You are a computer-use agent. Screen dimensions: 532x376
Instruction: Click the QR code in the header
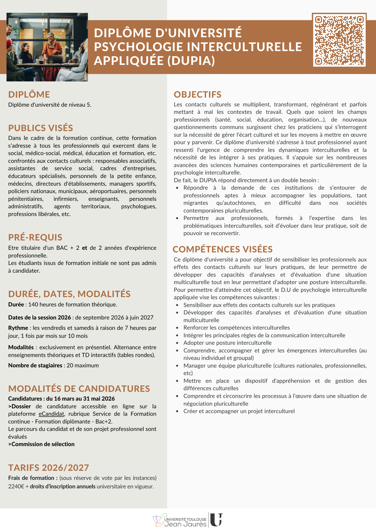point(339,40)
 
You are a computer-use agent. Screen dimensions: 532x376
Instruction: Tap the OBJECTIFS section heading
point(197,94)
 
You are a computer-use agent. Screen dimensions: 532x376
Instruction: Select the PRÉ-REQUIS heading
point(35,237)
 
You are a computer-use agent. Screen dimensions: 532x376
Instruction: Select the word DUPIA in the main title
point(191,61)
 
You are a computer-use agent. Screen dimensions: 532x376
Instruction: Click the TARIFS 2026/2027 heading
point(48,468)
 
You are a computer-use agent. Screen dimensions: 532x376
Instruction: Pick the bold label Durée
point(16,304)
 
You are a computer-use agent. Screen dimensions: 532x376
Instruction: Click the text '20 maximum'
point(82,365)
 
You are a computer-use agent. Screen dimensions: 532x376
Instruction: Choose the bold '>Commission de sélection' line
point(41,444)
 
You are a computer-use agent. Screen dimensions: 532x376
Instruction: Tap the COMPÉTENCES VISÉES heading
point(223,249)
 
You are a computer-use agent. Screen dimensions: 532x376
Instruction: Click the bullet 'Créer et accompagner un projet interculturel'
point(239,411)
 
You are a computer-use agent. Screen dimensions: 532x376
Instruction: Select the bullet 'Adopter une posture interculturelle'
point(227,343)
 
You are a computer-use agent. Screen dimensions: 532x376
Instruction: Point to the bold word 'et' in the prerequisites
point(85,248)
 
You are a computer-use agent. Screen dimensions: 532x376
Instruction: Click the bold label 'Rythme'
point(18,328)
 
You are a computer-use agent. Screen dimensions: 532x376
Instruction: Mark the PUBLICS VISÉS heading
point(40,128)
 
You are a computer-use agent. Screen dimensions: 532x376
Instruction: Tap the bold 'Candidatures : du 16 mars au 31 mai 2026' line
point(61,398)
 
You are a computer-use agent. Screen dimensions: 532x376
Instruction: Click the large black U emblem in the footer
point(216,520)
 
